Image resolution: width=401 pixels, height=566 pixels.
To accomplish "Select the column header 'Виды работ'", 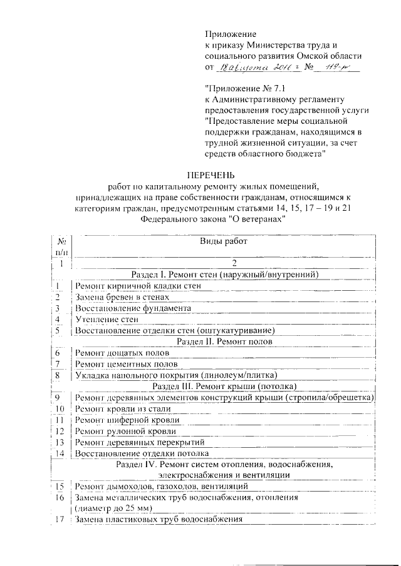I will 222,241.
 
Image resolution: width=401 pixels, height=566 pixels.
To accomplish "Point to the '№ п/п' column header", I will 61,247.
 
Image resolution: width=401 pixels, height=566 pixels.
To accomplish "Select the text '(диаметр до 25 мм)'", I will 113,508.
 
